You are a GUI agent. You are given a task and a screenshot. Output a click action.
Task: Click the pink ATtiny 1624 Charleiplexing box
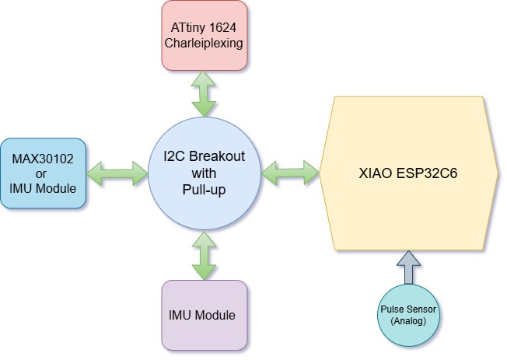(x=205, y=35)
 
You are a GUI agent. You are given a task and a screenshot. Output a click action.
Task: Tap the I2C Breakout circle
(x=205, y=173)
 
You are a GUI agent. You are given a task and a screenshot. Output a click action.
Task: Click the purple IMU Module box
(x=205, y=316)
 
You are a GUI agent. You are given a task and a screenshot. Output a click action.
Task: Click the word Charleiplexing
(x=205, y=44)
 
